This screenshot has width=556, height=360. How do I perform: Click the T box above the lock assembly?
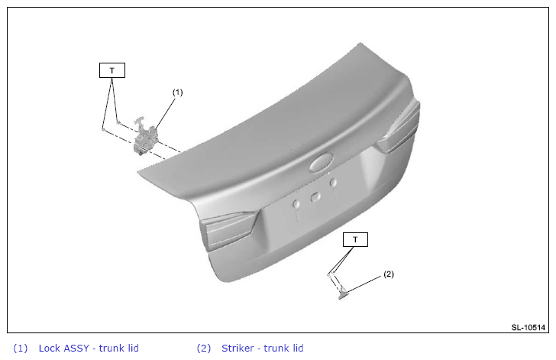click(112, 70)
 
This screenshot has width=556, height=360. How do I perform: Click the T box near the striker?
click(355, 240)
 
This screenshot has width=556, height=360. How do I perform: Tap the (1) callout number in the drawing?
click(178, 92)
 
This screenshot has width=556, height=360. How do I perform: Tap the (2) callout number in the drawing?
click(389, 274)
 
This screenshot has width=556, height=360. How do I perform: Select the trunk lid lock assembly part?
click(144, 137)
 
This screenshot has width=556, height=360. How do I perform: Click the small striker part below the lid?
click(343, 294)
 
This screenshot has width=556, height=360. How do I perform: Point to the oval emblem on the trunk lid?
click(322, 162)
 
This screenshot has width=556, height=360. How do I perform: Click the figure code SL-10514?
click(528, 327)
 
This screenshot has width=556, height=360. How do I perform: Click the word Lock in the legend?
click(50, 348)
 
